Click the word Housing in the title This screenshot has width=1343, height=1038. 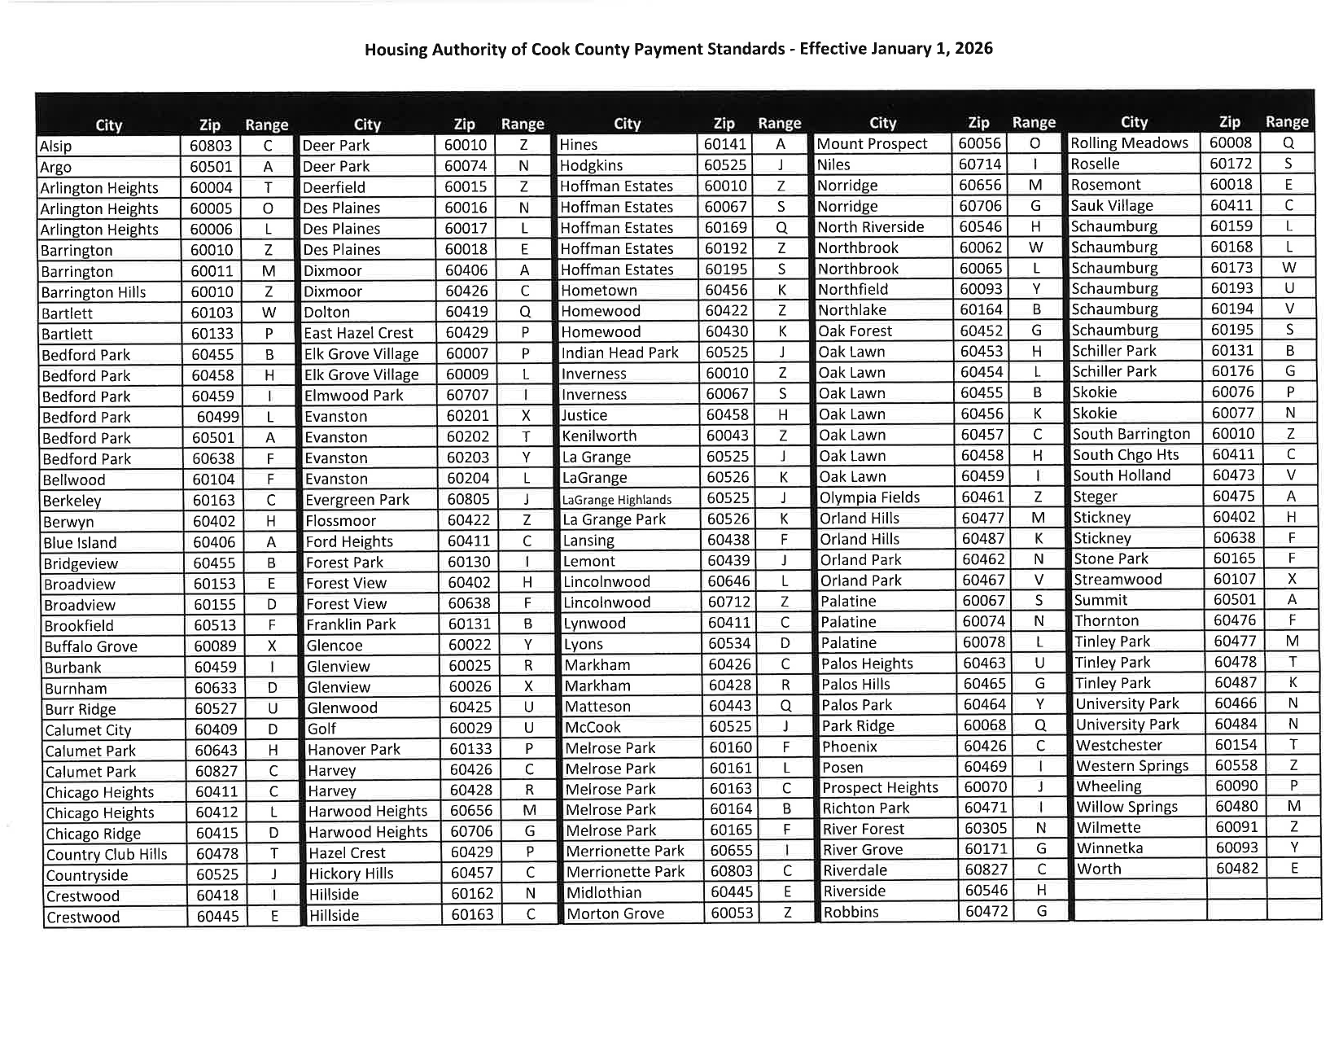395,50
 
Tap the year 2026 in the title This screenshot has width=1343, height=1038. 973,48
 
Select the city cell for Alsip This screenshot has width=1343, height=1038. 55,147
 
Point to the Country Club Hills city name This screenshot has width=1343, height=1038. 107,854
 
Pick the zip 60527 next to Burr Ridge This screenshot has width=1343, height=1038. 216,709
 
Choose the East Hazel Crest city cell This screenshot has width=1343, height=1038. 358,333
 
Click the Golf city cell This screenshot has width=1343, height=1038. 322,729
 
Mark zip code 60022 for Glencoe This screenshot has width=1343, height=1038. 470,645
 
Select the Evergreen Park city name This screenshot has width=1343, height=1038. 357,500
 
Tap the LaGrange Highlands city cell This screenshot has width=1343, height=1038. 617,500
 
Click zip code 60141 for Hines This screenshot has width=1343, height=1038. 724,144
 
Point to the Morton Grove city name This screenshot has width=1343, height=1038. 615,913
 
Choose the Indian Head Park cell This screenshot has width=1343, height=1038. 619,353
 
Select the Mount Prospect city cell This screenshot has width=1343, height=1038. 872,144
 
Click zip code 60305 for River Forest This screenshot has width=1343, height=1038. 985,828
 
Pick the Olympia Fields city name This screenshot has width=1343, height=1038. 869,497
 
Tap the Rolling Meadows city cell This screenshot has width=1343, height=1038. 1129,143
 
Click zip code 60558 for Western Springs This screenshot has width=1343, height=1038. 1236,765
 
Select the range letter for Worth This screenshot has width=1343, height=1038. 1292,868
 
